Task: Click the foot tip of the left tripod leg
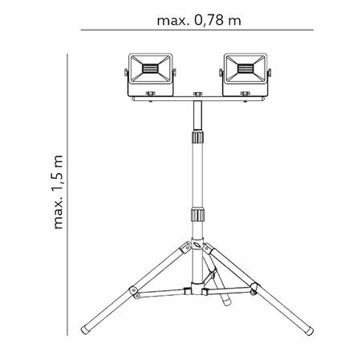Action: point(86,330)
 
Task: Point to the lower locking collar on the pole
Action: point(197,216)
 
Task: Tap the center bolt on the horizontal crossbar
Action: point(197,98)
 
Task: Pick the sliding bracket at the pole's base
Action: point(193,290)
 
